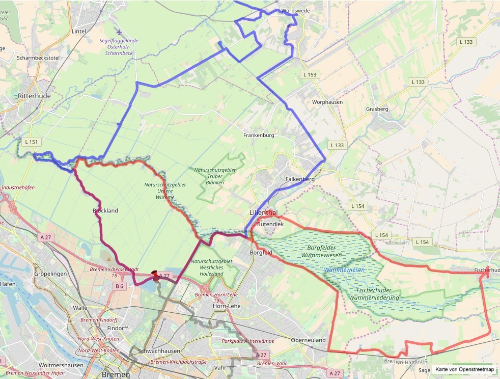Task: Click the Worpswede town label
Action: click(296, 10)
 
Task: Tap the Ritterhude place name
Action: click(35, 96)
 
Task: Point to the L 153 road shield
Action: click(309, 75)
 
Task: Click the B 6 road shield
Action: click(119, 286)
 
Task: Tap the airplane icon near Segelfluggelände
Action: click(119, 32)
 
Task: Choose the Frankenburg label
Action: click(259, 136)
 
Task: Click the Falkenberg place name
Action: click(300, 179)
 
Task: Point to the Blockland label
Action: click(105, 210)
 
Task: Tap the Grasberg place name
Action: click(377, 109)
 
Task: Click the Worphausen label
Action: click(327, 102)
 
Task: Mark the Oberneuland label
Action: click(308, 340)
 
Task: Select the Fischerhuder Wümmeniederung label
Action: click(374, 294)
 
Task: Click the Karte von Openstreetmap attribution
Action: click(464, 370)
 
